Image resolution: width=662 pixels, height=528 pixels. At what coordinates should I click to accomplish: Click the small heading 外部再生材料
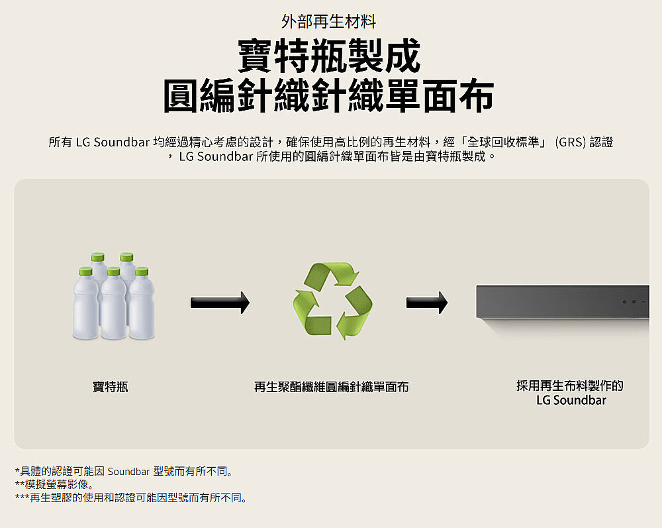[x=328, y=21]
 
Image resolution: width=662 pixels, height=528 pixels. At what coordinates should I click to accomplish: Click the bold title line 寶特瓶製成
[x=329, y=56]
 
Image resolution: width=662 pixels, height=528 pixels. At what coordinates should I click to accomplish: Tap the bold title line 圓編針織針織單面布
[x=328, y=96]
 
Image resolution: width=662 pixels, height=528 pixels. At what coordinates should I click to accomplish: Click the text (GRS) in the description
[x=571, y=142]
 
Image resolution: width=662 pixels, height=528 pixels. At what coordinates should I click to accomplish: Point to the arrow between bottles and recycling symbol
[x=220, y=303]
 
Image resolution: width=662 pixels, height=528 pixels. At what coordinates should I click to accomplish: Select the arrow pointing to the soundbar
[x=427, y=303]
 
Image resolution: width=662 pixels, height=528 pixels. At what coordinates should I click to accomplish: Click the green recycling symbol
[x=332, y=301]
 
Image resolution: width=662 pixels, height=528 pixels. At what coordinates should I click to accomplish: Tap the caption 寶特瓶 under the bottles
[x=110, y=386]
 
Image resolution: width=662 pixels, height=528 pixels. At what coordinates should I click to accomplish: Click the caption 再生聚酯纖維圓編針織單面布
[x=332, y=386]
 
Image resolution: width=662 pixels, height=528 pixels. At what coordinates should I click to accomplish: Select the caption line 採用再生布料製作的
[x=569, y=385]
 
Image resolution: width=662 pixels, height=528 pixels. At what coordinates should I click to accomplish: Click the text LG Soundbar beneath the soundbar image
[x=571, y=400]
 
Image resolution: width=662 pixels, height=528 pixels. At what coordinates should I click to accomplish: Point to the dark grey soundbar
[x=563, y=301]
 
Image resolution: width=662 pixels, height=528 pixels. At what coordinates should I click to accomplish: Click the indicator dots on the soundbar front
[x=634, y=301]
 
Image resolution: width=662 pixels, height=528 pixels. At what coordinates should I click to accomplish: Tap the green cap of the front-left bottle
[x=85, y=271]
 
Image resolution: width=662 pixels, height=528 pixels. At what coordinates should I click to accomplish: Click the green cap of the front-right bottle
[x=142, y=271]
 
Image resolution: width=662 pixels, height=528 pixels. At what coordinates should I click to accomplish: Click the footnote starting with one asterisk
[x=124, y=471]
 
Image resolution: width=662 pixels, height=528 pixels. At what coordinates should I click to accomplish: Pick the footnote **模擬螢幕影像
[x=54, y=484]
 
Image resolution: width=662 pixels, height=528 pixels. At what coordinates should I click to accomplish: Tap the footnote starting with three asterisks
[x=131, y=498]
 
